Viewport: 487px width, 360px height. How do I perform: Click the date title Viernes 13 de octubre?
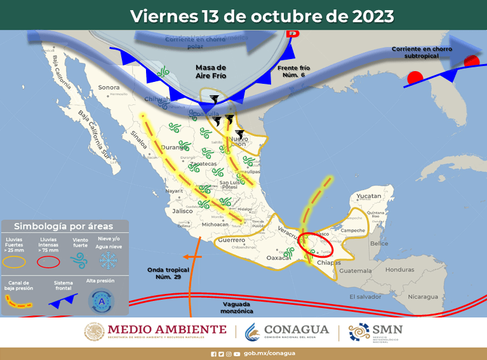[x=262, y=15]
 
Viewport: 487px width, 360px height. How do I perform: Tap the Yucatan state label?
[x=368, y=196]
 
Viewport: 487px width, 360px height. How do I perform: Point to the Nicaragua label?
[x=423, y=297]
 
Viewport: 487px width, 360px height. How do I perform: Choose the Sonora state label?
[x=109, y=87]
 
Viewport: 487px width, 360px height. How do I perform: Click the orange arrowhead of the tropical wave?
[x=183, y=257]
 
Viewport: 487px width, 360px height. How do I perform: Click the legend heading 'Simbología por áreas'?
[x=63, y=226]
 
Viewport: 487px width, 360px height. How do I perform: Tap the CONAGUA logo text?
[x=297, y=330]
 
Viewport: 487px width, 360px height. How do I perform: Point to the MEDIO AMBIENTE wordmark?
[x=167, y=330]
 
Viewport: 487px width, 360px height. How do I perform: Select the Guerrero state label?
[x=231, y=241]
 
